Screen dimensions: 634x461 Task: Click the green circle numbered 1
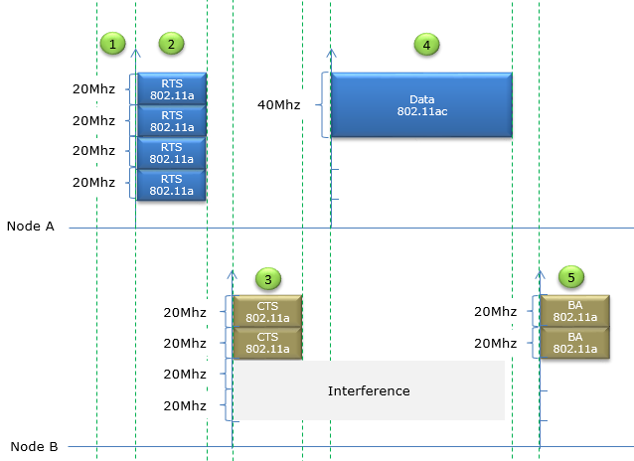112,44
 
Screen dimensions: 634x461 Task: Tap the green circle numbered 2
172,44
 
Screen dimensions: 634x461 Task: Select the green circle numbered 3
268,278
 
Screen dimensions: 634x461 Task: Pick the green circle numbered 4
426,45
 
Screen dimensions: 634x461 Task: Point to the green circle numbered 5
571,277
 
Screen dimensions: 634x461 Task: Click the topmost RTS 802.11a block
172,89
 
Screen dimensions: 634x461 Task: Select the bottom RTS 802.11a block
172,185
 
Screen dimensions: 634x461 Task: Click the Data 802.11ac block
421,105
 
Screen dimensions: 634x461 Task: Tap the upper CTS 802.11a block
267,311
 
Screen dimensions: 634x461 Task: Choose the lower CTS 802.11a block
267,343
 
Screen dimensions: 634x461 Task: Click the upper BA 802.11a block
575,311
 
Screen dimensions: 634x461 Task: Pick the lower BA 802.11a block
575,343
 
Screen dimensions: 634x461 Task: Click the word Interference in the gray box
369,391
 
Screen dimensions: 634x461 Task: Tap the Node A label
31,227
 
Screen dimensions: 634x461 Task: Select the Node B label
34,446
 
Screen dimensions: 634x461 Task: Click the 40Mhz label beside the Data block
279,105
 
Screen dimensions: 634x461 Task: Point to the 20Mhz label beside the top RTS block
93,89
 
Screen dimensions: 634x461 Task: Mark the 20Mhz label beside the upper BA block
495,311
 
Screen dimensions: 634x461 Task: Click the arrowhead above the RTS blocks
136,53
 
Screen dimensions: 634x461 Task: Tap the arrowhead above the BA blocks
540,274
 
